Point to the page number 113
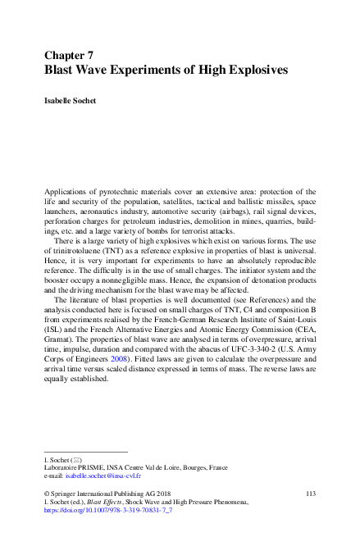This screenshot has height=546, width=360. pyautogui.click(x=310, y=493)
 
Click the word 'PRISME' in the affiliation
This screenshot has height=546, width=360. pyautogui.click(x=88, y=466)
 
